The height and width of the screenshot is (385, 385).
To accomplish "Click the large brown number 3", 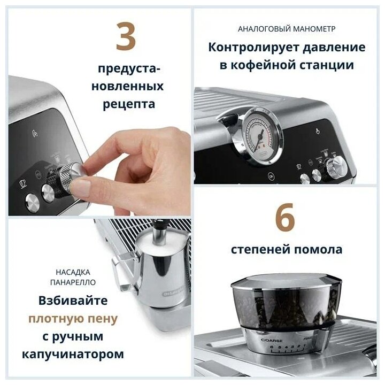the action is click(x=126, y=36).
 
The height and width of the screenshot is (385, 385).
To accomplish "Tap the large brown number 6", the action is click(x=286, y=217).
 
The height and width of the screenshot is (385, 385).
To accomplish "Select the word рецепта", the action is click(x=129, y=104).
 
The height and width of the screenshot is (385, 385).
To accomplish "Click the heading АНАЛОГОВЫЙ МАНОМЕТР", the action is click(x=287, y=29).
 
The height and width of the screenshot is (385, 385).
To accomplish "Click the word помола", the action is click(x=318, y=250).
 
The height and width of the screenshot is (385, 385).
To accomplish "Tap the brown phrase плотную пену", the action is click(x=73, y=319).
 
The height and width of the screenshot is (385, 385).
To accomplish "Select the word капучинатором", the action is click(x=73, y=355).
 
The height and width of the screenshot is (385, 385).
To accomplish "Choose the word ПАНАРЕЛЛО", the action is click(x=73, y=282).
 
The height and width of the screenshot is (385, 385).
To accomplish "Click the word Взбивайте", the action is click(x=73, y=301).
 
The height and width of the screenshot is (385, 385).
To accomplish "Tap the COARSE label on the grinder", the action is click(x=272, y=340).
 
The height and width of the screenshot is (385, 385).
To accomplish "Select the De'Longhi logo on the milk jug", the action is click(x=173, y=292).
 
